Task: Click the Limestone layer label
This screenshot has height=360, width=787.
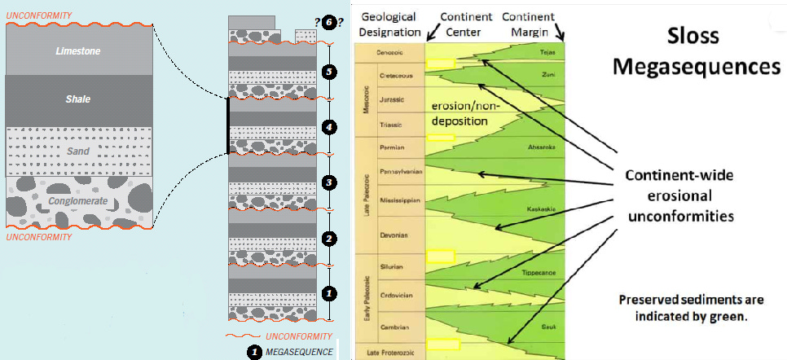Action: pos(78,51)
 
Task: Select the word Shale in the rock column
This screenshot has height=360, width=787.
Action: pos(78,99)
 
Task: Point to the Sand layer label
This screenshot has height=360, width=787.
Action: pos(78,151)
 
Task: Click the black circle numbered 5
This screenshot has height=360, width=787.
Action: pos(327,72)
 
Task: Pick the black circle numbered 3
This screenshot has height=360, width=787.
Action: pos(327,182)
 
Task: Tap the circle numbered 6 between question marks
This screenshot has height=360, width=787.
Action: pos(327,22)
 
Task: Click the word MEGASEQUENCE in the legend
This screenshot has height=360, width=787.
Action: pos(299,352)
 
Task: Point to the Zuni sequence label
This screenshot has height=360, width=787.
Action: pos(547,74)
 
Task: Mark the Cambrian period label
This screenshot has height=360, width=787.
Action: pos(396,327)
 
